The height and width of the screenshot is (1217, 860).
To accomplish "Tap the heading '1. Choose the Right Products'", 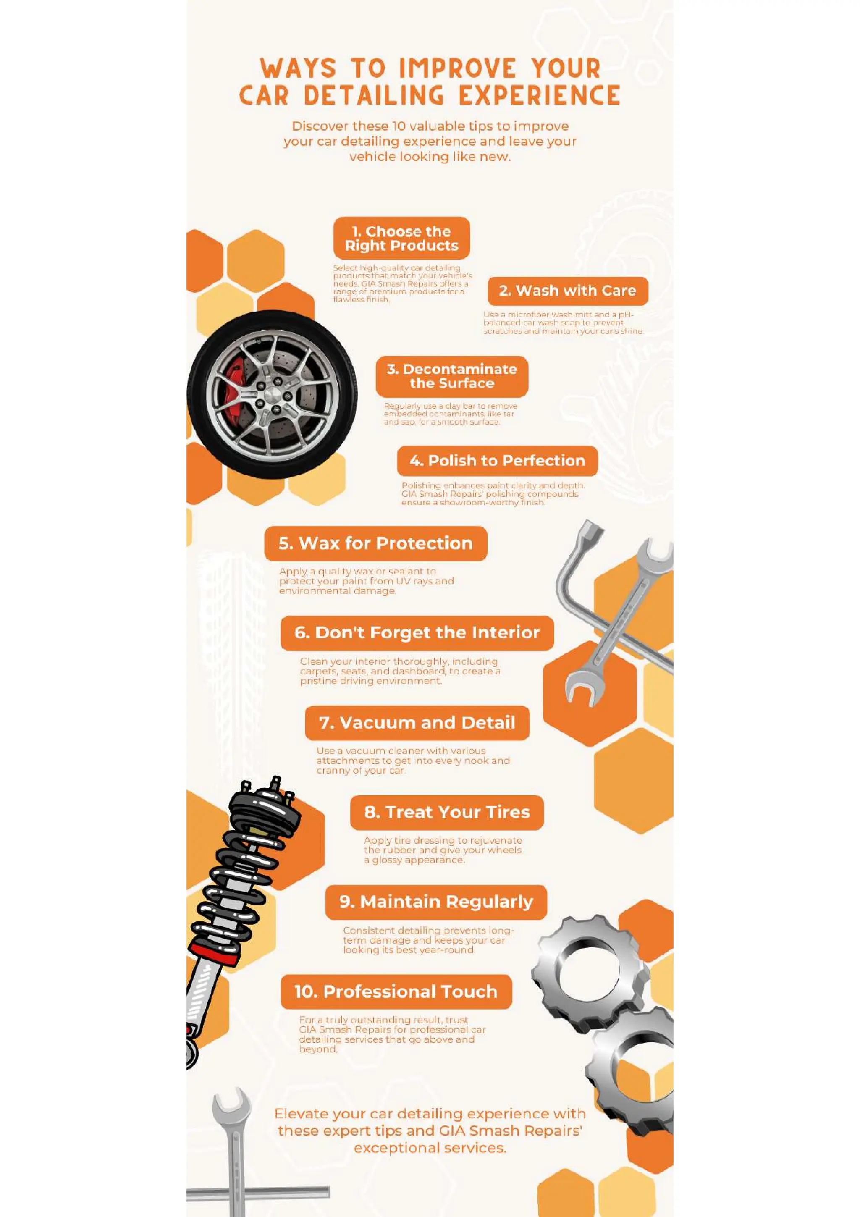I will click(401, 238).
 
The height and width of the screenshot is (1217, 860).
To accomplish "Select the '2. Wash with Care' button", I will click(567, 291).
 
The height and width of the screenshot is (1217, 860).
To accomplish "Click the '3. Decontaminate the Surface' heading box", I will click(451, 376).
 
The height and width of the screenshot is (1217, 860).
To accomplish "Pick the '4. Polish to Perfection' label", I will click(497, 460).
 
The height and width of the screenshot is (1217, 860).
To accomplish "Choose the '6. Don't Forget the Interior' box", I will click(417, 632).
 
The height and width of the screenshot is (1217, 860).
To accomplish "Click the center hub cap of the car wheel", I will click(273, 395).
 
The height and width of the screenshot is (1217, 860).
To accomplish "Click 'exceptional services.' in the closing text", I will click(430, 1148).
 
